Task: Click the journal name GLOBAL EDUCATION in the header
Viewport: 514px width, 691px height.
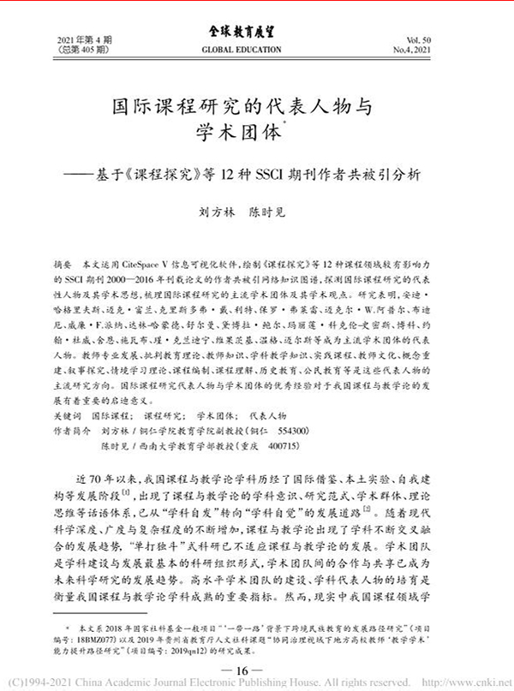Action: point(256,50)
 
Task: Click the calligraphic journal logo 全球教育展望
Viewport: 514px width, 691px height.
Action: point(256,33)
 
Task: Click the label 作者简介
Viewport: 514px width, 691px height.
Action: point(72,432)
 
